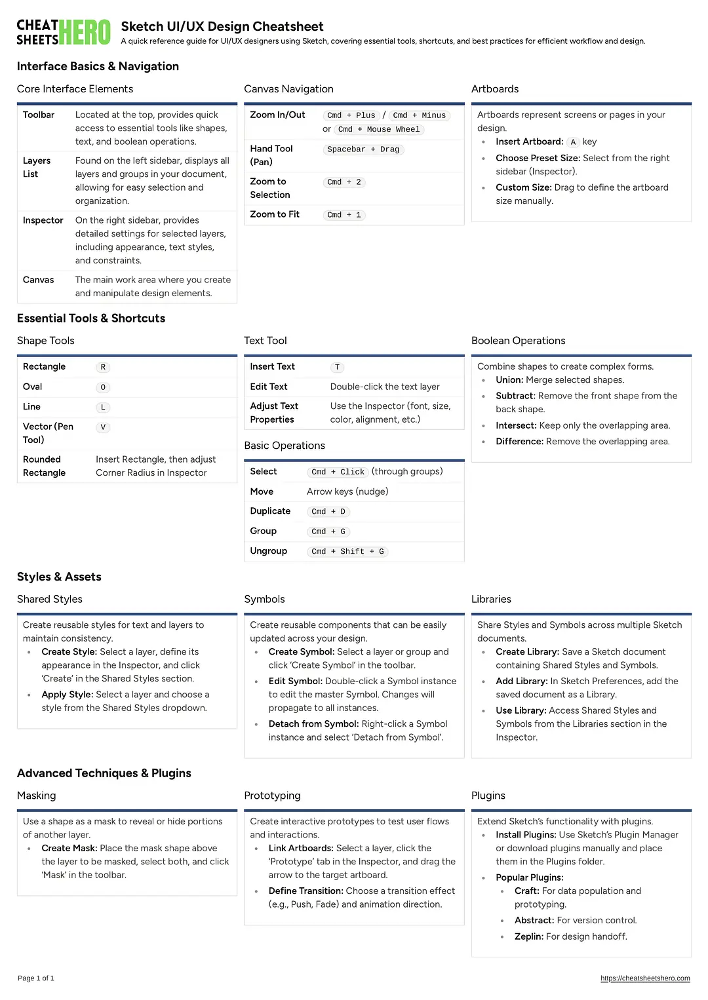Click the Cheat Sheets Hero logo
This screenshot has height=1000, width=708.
64,32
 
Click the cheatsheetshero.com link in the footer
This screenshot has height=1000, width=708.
645,978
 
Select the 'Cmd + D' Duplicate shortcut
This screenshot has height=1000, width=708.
328,512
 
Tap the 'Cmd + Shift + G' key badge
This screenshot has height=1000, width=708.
347,552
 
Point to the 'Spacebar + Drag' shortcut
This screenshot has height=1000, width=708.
363,149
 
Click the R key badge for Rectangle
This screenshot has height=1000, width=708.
103,368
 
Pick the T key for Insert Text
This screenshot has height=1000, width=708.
337,368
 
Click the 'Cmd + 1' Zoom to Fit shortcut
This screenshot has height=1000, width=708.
344,215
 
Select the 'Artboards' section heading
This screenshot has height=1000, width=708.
495,89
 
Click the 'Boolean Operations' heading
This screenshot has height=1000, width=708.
518,341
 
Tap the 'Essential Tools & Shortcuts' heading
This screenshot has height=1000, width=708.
91,318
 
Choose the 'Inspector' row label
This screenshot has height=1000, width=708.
43,220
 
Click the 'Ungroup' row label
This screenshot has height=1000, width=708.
268,551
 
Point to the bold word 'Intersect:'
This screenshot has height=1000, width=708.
516,425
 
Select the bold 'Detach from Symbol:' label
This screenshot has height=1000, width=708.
313,724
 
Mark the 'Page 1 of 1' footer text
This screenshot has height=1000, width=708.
36,978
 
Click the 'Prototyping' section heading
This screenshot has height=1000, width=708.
272,796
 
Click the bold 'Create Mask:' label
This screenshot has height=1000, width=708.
69,848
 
